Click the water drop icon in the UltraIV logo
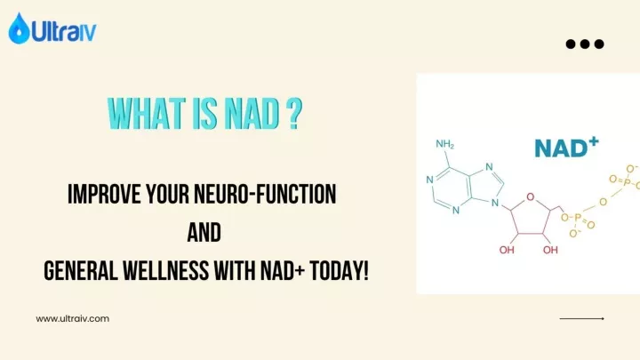point(19,29)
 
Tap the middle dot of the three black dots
point(585,44)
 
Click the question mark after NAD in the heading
point(292,114)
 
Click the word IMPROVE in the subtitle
point(102,195)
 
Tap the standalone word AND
point(204,233)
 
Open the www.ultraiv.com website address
point(72,318)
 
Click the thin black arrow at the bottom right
point(581,318)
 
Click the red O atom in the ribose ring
point(530,196)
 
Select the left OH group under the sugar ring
point(507,250)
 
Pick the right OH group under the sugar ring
point(551,250)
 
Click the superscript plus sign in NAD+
point(593,141)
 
